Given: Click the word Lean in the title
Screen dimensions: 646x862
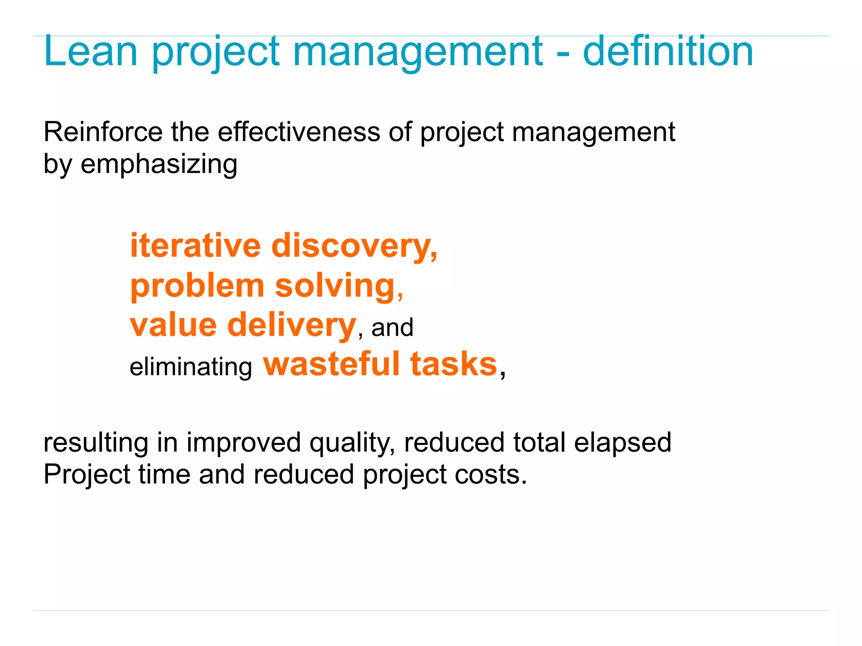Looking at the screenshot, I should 90,51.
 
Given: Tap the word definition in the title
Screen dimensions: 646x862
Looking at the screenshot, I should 668,51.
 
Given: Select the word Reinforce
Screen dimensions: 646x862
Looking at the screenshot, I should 103,132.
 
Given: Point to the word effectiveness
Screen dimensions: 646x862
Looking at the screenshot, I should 299,132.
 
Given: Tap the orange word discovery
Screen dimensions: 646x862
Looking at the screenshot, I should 354,246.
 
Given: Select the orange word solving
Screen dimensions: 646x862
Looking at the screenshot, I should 335,286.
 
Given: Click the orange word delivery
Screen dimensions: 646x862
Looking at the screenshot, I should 292,325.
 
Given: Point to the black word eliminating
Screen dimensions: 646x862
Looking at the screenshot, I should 191,367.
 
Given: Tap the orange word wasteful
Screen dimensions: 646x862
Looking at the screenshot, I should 331,364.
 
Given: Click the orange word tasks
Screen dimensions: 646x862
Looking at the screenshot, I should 454,364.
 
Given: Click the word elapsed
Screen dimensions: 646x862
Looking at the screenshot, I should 623,442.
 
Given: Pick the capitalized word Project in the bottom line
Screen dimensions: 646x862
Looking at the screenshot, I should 88,475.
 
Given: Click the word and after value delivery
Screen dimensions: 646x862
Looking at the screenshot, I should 392,328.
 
